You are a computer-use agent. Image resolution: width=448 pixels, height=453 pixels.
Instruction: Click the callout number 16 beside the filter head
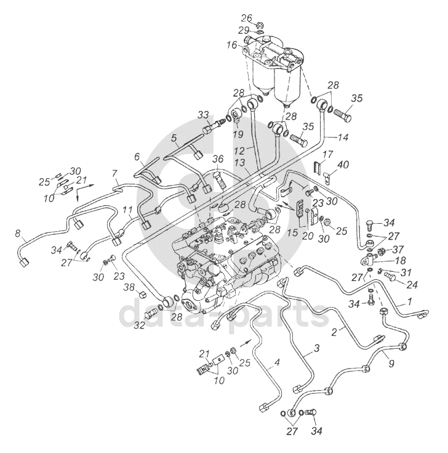pos(231,46)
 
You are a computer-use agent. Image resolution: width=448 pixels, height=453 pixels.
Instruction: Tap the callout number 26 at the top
pos(247,18)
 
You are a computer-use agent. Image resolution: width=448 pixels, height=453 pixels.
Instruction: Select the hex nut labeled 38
pos(143,295)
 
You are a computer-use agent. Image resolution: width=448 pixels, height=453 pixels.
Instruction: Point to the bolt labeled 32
pos(152,313)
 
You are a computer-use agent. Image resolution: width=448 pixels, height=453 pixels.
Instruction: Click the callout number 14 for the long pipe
pos(343,137)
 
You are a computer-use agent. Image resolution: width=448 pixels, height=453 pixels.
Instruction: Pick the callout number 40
pos(343,165)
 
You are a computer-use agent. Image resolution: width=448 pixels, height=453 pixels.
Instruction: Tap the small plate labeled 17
pos(317,168)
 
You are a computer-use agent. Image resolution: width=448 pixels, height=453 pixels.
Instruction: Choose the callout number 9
pos(391,364)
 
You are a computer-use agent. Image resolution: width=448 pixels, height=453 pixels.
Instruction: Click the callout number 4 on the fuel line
pos(277,362)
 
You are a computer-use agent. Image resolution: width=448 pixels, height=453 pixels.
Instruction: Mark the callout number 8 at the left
pos(18,233)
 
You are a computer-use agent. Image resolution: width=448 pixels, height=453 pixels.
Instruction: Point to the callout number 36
pos(218,158)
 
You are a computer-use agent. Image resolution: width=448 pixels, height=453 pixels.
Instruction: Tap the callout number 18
pos(401,260)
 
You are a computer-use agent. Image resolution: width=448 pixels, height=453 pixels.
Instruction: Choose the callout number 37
pos(398,249)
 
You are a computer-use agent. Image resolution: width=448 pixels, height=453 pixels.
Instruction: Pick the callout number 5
pos(174,138)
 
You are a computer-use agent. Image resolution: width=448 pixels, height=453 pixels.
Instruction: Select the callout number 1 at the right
pos(409,301)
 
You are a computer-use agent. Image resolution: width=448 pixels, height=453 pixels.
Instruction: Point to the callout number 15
pos(292,232)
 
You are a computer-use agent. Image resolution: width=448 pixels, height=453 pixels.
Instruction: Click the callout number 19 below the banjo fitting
pos(238,134)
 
